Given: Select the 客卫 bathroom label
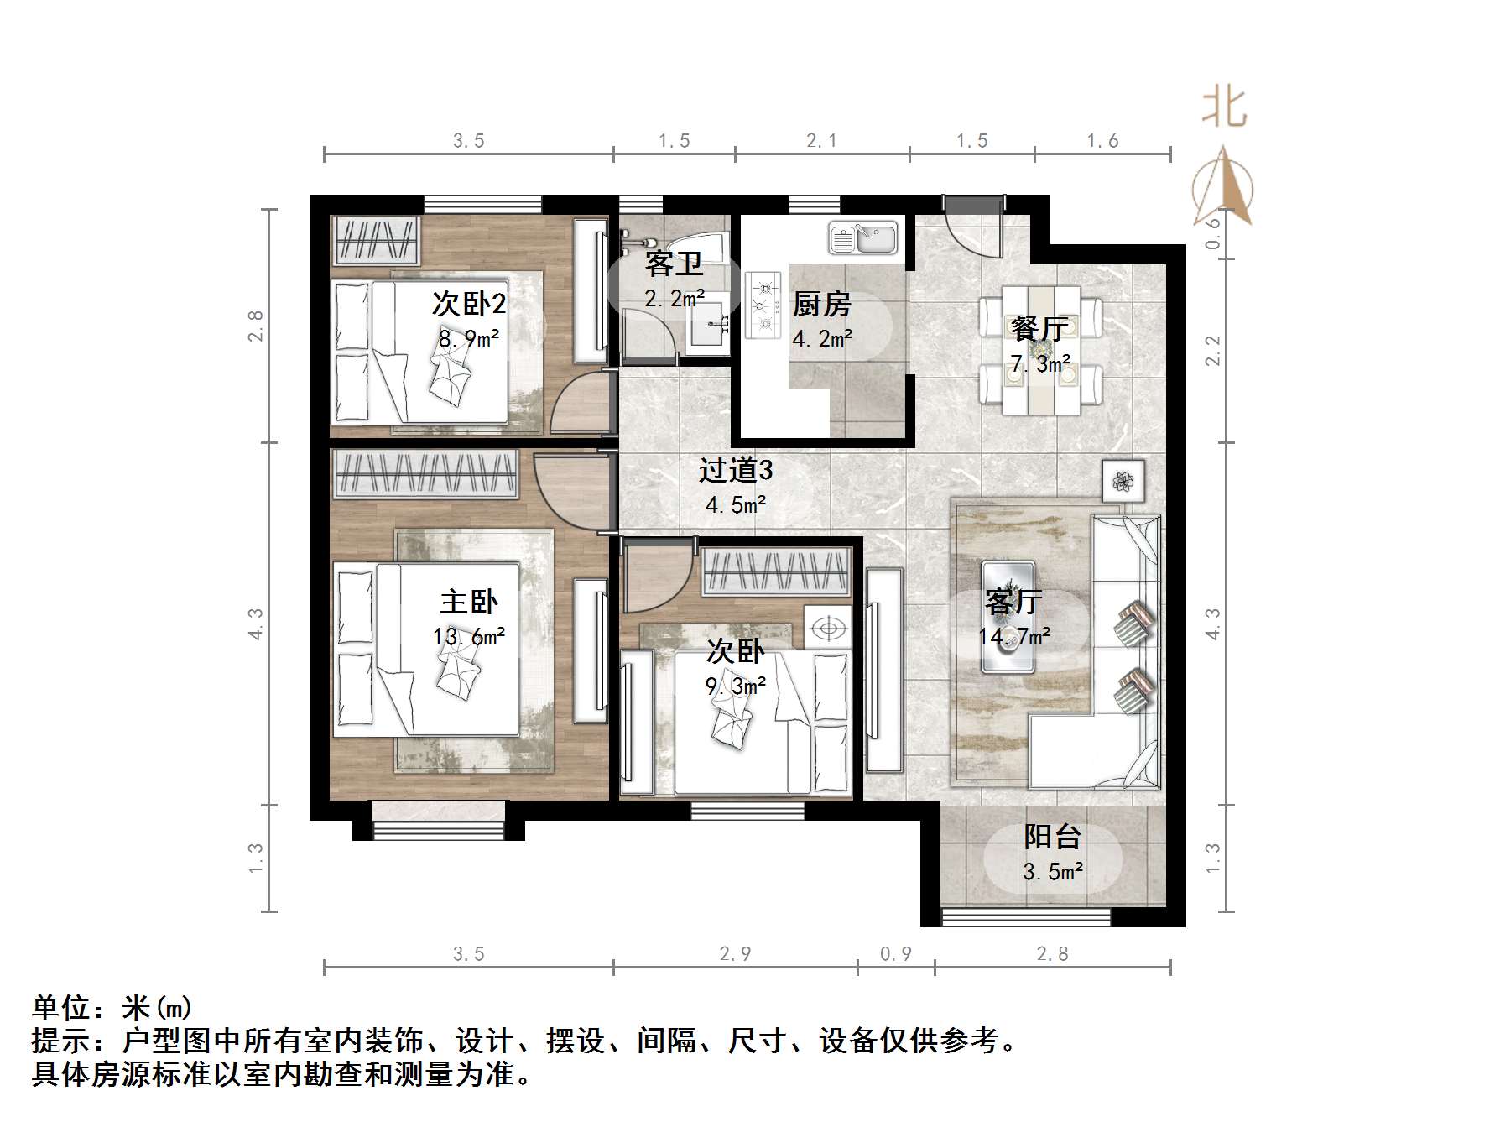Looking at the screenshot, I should pyautogui.click(x=674, y=264).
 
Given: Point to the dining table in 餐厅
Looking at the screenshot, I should pyautogui.click(x=1041, y=349).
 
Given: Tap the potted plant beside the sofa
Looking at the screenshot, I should pyautogui.click(x=1123, y=481).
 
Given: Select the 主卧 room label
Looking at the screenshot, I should pyautogui.click(x=469, y=602).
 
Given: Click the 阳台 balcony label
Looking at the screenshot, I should pyautogui.click(x=1052, y=837).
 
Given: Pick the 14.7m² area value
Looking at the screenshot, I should pyautogui.click(x=1013, y=637).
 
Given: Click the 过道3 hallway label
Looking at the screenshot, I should pyautogui.click(x=736, y=471).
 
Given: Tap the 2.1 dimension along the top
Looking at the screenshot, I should pyautogui.click(x=821, y=141).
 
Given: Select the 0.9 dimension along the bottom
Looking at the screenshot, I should pyautogui.click(x=895, y=954).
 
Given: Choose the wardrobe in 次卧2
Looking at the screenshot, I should pyautogui.click(x=376, y=240).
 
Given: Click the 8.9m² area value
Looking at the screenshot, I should pyautogui.click(x=469, y=339).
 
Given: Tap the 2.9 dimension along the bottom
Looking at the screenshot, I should pyautogui.click(x=735, y=954).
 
